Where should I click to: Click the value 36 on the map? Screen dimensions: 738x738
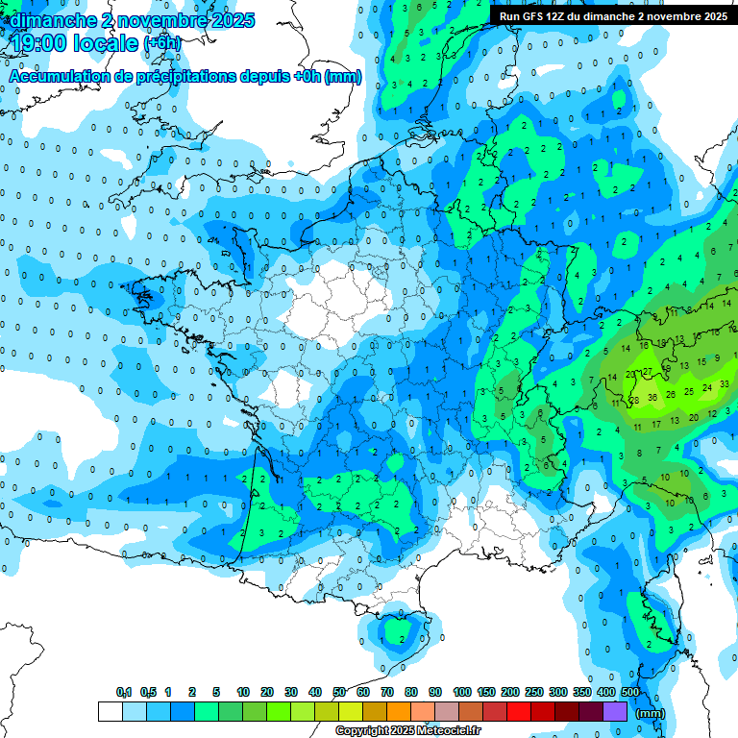[652, 396]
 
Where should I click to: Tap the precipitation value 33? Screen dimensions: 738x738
[724, 383]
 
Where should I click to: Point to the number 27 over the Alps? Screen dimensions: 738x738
[648, 371]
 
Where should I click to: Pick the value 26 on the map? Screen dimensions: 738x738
[671, 393]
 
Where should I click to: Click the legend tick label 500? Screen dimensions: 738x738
[630, 692]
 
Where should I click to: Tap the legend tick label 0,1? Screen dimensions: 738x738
[124, 692]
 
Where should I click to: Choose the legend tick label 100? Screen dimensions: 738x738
[461, 692]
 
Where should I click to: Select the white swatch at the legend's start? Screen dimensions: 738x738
[110, 711]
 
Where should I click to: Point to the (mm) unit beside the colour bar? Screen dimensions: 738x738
[651, 713]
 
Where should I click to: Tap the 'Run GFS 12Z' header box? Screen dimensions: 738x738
[612, 16]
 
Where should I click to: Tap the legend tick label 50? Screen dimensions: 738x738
[339, 692]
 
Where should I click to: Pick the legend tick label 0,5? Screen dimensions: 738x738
[148, 692]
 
